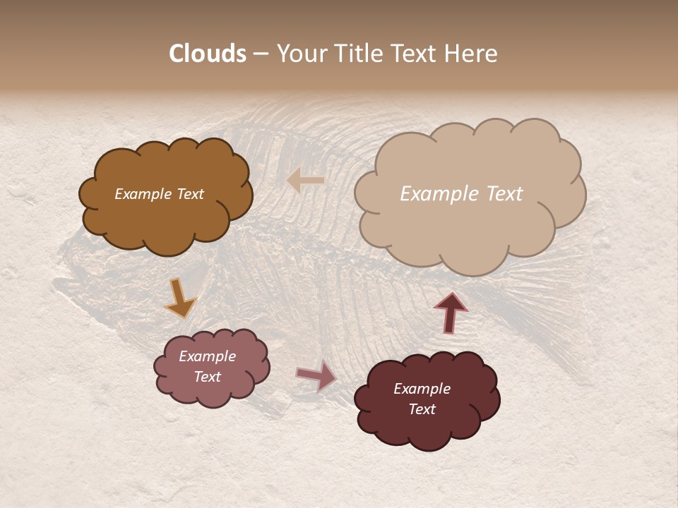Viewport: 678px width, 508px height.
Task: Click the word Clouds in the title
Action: [208, 54]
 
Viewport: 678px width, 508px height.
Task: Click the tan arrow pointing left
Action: [306, 181]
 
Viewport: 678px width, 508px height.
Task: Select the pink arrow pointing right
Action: [316, 375]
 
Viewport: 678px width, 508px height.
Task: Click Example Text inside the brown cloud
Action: [159, 194]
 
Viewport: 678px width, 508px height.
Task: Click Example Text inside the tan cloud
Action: [461, 194]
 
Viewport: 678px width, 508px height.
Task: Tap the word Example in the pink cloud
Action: [207, 356]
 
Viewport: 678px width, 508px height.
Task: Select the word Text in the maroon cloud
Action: [422, 409]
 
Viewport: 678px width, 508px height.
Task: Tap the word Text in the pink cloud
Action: [207, 377]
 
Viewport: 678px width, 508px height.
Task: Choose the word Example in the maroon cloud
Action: [422, 389]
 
